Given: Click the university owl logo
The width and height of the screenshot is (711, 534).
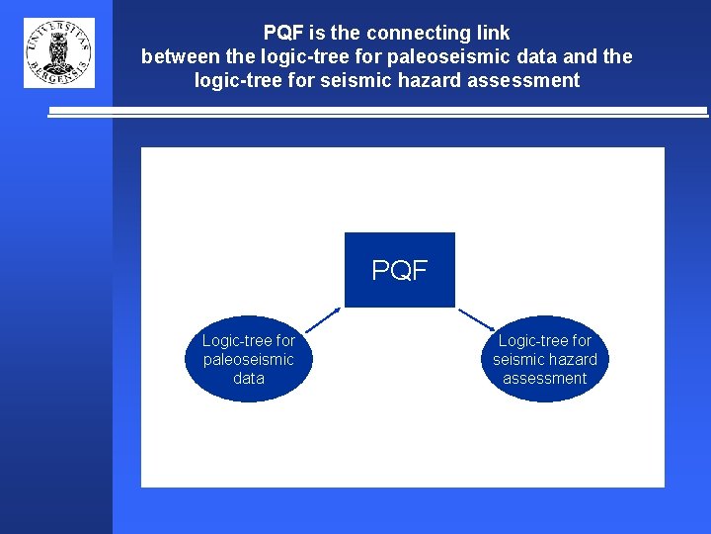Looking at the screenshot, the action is [x=59, y=52].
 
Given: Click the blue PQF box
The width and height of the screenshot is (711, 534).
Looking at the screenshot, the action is [x=399, y=270].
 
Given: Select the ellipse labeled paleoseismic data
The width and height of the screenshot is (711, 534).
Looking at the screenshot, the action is [x=249, y=359].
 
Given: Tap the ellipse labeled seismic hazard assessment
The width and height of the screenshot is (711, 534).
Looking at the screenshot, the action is [x=545, y=359].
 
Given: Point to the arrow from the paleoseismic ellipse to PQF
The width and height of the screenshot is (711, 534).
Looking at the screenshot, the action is [x=322, y=318].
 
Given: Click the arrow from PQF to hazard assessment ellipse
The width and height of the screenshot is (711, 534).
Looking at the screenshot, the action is [x=478, y=318].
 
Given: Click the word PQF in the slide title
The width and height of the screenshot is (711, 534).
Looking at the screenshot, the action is [x=284, y=33].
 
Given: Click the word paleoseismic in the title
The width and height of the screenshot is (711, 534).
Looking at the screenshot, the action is [x=453, y=56].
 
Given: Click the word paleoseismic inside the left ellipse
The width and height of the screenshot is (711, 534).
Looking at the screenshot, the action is [x=249, y=359].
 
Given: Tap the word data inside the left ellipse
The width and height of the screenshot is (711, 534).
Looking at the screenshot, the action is [x=249, y=378].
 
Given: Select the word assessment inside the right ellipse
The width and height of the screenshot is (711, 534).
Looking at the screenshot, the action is [x=545, y=378].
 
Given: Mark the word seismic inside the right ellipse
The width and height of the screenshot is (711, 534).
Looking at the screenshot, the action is [x=517, y=359].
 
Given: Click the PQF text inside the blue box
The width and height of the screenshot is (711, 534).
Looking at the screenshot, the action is [x=399, y=270].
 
